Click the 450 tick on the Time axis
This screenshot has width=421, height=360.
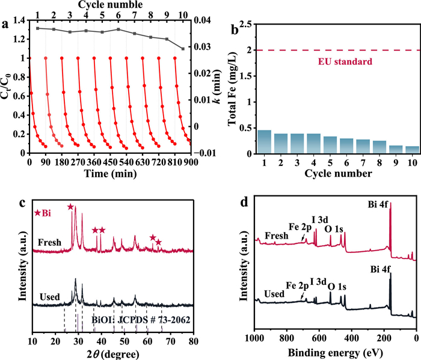[110, 163]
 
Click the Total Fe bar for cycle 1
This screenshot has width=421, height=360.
[265, 142]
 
